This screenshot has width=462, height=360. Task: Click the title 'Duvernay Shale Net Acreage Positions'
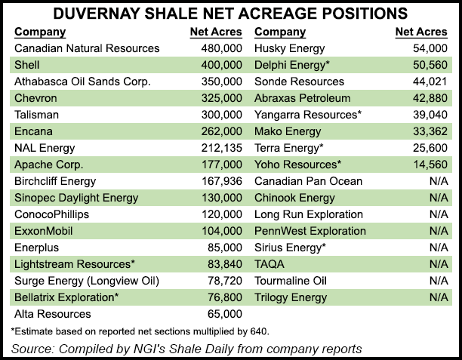click(230, 14)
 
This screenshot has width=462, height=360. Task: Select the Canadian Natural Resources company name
click(87, 48)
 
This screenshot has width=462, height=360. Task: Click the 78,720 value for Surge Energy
click(223, 281)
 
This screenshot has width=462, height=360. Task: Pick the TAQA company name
click(269, 264)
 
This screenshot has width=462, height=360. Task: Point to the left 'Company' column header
click(40, 32)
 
